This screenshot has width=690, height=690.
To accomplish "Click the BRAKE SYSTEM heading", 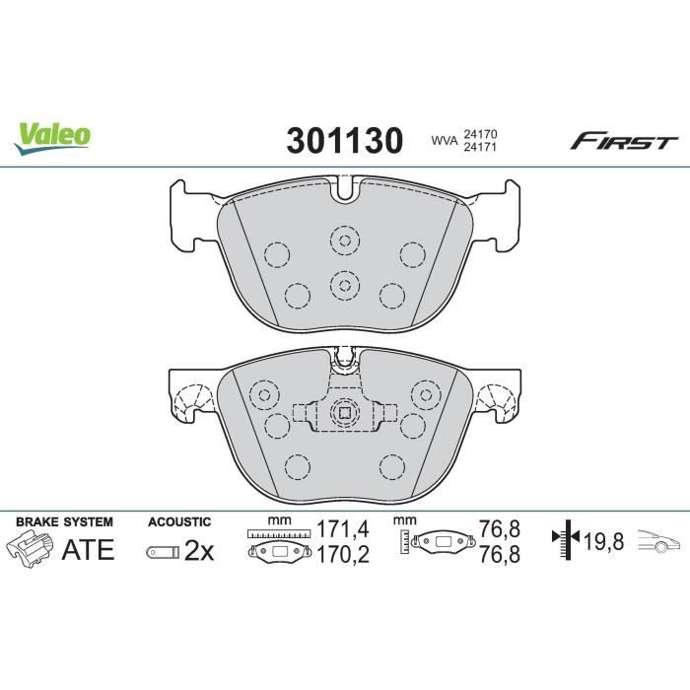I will (65, 520).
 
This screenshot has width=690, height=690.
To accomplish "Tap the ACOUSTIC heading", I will (179, 520).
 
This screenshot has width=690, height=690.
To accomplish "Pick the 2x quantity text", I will (199, 551).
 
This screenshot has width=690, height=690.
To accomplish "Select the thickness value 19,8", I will (602, 540).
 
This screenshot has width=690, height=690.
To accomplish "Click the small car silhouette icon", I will (658, 541).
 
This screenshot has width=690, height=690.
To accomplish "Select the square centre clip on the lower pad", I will (344, 415).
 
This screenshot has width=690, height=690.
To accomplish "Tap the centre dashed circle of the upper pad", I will (344, 285).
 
